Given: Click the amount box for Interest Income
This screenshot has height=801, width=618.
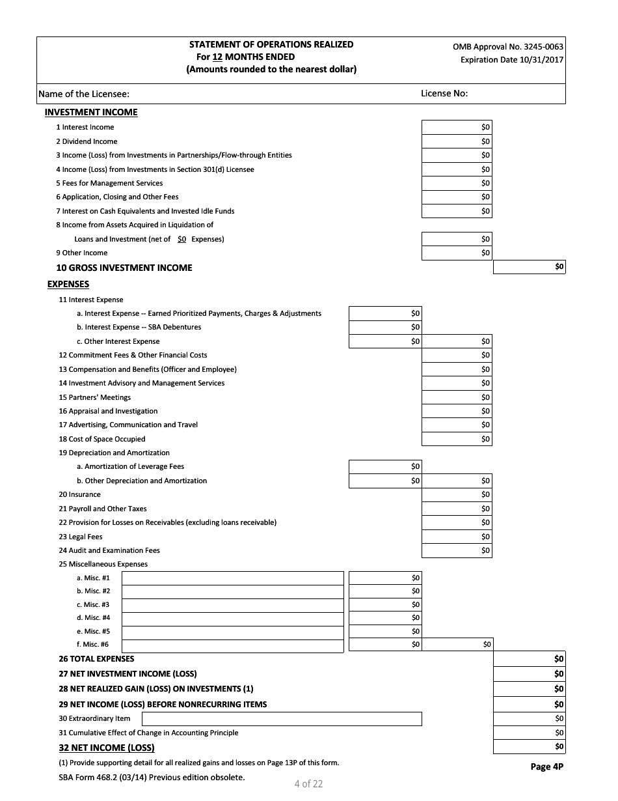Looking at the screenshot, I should point(457,127).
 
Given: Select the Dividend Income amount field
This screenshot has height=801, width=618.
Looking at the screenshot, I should point(457,141).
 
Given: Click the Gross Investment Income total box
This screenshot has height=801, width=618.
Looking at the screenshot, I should point(529,267).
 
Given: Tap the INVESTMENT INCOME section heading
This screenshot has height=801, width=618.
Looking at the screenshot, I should point(91,112).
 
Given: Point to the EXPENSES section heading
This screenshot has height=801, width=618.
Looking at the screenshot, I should point(68,284).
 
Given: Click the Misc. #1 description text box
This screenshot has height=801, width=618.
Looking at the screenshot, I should point(232,578).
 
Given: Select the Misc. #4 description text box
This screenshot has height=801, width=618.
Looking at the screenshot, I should point(232,618).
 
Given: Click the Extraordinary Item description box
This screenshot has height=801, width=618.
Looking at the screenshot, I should point(281,719).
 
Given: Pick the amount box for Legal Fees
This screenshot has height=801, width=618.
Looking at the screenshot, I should point(457,537).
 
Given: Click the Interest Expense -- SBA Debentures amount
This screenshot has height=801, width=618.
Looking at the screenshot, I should point(384,327).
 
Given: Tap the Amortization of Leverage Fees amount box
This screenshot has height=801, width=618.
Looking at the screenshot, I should point(384,466).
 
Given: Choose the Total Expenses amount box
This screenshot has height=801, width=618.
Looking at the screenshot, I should point(529,659).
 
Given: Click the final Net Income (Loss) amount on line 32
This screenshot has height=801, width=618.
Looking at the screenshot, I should point(529,747).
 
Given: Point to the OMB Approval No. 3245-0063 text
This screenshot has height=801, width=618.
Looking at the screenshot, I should point(508,47).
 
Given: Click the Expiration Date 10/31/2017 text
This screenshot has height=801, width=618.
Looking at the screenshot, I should point(512,60).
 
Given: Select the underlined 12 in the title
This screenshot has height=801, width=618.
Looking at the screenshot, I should point(219,57).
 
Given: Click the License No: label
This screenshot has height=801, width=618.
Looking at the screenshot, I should point(444,93).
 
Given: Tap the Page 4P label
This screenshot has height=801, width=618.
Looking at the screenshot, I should point(546,766).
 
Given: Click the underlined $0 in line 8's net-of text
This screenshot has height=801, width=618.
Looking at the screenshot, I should point(181,239).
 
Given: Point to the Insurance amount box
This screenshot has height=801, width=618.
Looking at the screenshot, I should point(457,495).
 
